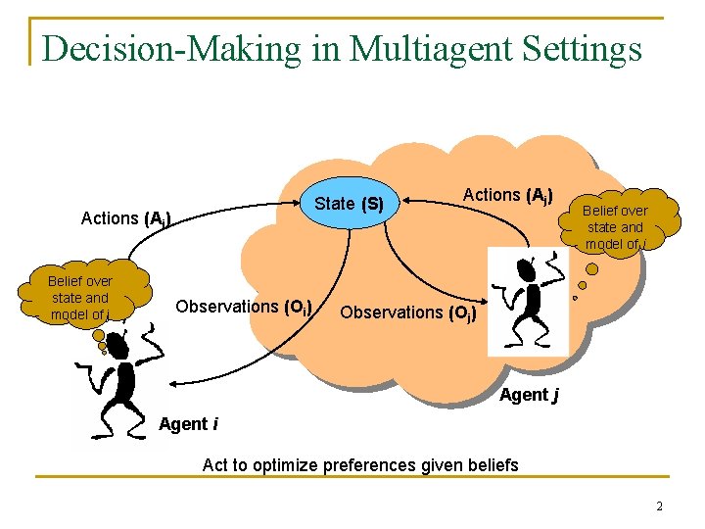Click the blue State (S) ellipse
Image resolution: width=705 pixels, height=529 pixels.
(x=349, y=204)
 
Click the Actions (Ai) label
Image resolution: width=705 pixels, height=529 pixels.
(x=125, y=218)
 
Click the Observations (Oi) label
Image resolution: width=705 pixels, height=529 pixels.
(x=244, y=307)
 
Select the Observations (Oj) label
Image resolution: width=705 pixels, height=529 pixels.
(x=408, y=313)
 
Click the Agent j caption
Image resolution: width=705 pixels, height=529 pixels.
(x=529, y=395)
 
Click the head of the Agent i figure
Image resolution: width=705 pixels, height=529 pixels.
(x=117, y=345)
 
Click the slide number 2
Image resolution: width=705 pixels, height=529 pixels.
(x=659, y=506)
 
